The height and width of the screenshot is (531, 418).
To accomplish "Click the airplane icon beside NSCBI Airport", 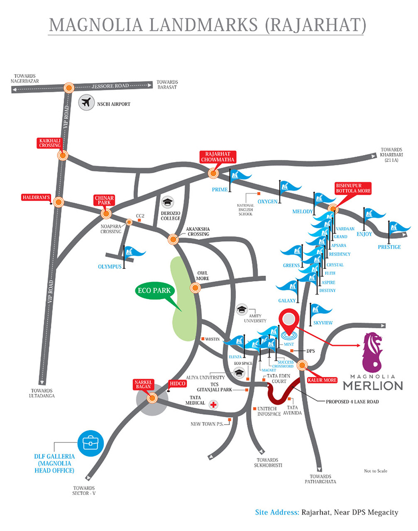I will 86,103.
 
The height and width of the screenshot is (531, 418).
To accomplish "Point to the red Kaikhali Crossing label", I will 50,143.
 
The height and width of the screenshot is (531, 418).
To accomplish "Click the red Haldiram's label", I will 36,197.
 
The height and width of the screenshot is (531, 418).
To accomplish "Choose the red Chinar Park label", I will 103,200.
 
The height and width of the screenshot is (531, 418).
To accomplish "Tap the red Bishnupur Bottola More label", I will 353,188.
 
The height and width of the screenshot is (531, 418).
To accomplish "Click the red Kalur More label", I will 320,380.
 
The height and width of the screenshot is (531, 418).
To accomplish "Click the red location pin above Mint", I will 287,319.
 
